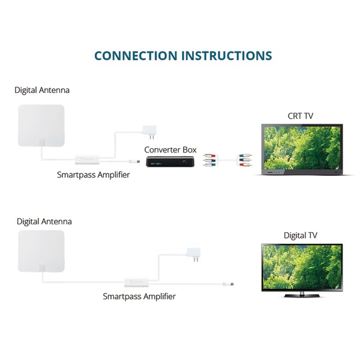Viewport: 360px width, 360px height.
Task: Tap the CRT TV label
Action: coord(301,116)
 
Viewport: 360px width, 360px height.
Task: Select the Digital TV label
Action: coord(301,235)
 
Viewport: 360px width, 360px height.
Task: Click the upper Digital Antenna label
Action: coord(42,90)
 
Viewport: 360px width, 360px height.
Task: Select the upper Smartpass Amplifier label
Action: coord(93,175)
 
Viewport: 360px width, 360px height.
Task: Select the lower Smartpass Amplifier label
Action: coord(139,296)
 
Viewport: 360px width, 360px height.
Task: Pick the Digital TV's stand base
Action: coord(301,295)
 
